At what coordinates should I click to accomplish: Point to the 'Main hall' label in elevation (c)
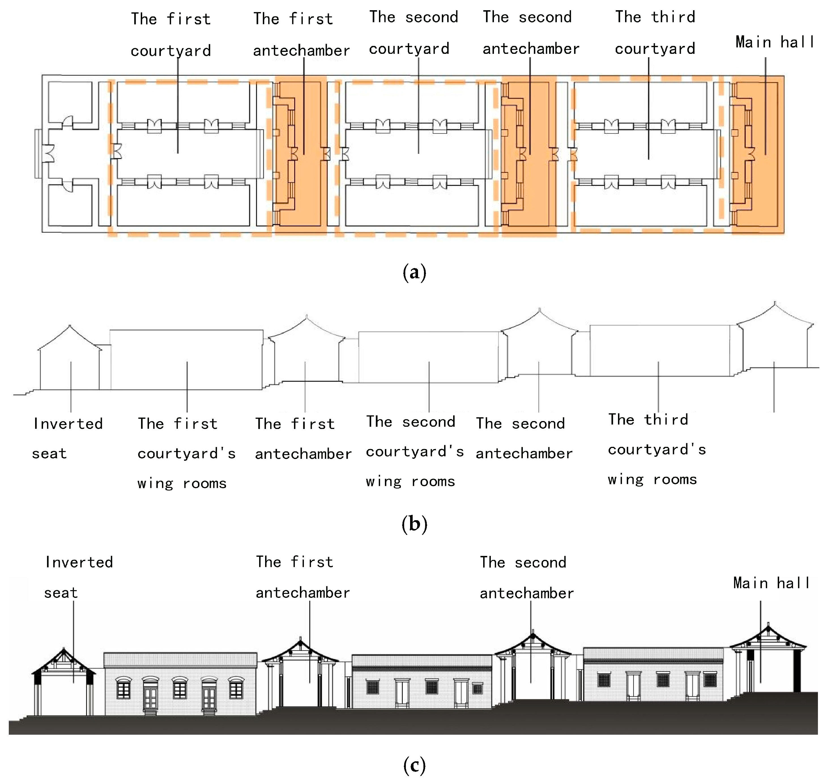pos(771,583)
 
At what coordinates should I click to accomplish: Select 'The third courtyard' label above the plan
pos(655,33)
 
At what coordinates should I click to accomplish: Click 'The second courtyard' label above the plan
pos(413,33)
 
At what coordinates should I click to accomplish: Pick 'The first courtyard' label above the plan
pos(171,34)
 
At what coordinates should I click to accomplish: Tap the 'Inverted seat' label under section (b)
pos(68,438)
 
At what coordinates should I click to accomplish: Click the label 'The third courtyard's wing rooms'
pos(657,449)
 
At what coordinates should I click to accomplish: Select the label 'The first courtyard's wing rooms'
pos(186,453)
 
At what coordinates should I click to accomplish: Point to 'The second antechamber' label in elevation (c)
pos(527,577)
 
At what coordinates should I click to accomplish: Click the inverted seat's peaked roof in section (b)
pos(70,336)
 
